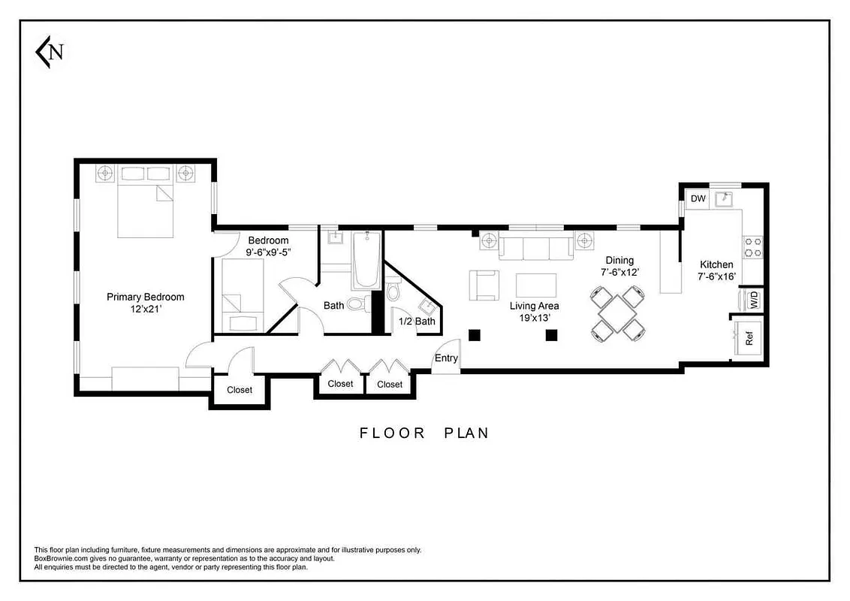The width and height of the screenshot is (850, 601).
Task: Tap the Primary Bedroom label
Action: pos(145,297)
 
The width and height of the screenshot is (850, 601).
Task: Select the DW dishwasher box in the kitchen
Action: pos(698,198)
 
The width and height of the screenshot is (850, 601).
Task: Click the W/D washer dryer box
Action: pos(751,300)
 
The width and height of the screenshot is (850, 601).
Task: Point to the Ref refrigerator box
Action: pos(749,339)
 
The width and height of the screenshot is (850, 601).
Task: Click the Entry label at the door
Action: pos(446,358)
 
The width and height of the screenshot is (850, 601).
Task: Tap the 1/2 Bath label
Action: pos(417,322)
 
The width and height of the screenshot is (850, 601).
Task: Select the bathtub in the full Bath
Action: pos(367,260)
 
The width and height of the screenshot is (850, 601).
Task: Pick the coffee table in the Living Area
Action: pos(536,285)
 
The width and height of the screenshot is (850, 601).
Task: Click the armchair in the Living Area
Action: pos(484,285)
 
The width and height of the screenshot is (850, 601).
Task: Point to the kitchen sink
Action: pos(725,199)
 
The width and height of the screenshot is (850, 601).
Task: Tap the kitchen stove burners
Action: pos(752,243)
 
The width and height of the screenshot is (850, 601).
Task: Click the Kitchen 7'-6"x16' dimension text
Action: pos(716,276)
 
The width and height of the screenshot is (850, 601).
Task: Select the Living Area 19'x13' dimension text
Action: pos(534,318)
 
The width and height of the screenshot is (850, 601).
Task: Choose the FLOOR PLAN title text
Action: pos(424,433)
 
